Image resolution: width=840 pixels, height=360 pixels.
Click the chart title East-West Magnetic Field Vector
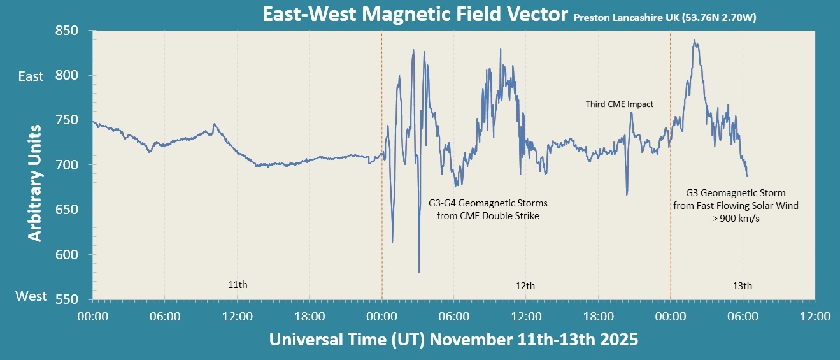(415, 14)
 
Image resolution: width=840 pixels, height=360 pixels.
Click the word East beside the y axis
(31, 76)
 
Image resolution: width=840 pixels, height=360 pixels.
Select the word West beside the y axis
(31, 296)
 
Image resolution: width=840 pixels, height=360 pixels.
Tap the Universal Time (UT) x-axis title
(453, 339)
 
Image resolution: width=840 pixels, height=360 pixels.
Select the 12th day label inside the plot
(525, 285)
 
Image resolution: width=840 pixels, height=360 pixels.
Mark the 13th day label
(742, 285)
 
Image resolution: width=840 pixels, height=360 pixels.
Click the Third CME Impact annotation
(620, 104)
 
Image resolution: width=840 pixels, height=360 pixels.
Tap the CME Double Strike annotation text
(488, 210)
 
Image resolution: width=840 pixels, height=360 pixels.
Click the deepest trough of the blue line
(419, 272)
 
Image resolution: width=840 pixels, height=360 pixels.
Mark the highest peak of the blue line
(694, 40)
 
